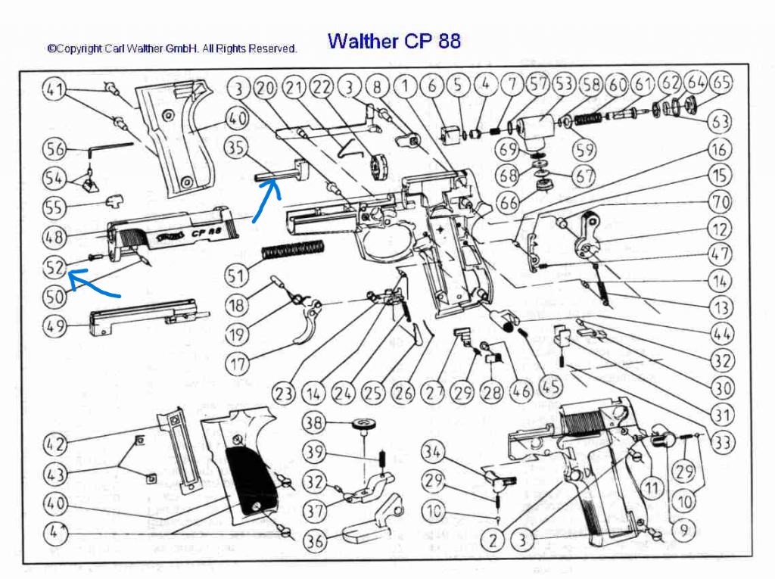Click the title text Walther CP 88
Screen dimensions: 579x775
click(394, 41)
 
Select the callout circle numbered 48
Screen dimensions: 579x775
click(55, 236)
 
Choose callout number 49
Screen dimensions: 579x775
click(55, 327)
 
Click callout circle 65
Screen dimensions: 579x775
click(721, 83)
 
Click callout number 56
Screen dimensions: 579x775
click(55, 148)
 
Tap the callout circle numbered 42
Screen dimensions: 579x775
click(55, 444)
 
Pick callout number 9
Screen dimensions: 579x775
click(683, 531)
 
